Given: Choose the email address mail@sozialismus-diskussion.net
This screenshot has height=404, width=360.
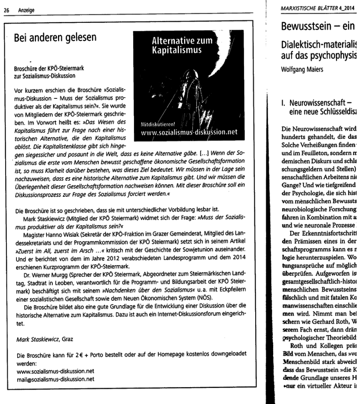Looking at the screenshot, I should click(x=56, y=379).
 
